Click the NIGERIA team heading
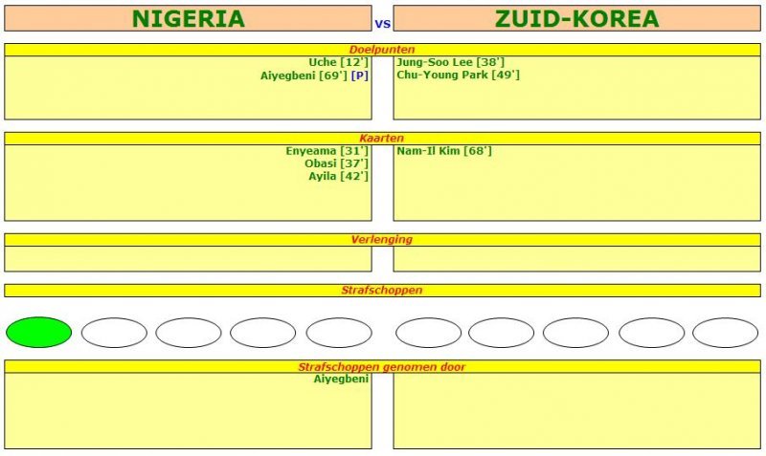coord(188,19)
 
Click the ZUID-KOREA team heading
coord(576,19)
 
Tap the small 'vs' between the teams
coord(382,24)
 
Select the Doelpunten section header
coord(382,49)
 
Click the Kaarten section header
coord(382,139)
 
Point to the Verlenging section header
coord(382,240)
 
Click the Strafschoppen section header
coord(382,290)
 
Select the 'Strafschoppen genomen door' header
coord(382,366)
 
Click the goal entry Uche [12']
coord(338,62)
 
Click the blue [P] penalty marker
coord(359,75)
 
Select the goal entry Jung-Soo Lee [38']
coord(450,62)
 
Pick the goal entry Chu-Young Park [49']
coord(458,75)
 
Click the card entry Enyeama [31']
coord(327,151)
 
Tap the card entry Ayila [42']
coord(338,176)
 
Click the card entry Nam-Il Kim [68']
coord(443,151)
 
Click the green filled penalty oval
coord(38,332)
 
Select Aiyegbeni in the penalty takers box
coord(341,380)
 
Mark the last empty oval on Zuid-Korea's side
coord(725,332)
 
